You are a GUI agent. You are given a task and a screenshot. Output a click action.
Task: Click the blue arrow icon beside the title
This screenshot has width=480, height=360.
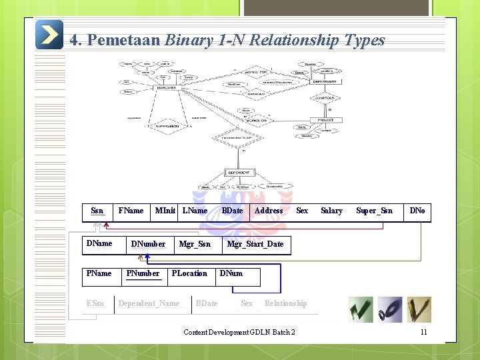point(49,35)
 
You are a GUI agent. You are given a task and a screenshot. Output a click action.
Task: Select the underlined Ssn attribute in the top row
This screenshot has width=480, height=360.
point(97,211)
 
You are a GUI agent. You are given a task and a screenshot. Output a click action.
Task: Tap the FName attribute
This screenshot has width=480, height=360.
point(131,211)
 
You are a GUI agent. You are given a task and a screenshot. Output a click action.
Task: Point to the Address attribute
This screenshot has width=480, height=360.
point(269,211)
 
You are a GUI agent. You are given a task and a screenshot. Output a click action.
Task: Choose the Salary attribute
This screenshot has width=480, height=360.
point(331,211)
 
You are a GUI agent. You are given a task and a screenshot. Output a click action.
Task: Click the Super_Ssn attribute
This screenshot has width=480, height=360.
point(374,211)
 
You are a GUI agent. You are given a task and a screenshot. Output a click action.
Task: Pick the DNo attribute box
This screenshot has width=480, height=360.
point(417,211)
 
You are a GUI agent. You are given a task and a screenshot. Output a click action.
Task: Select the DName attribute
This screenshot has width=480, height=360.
point(99,243)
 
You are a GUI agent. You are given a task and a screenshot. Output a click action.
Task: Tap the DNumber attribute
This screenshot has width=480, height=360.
point(148,244)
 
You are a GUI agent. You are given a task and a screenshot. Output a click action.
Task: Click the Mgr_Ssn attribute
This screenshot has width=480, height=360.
point(195,244)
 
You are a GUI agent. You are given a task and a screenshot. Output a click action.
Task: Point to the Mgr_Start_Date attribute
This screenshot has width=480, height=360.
point(255,244)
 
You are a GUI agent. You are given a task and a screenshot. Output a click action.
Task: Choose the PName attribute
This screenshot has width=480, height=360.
point(99,273)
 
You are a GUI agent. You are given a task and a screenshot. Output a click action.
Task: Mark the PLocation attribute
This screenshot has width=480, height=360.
point(189,273)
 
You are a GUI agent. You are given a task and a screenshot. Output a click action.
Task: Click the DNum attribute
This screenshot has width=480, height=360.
point(231,273)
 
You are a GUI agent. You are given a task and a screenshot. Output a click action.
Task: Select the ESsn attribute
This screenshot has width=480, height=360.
point(95,303)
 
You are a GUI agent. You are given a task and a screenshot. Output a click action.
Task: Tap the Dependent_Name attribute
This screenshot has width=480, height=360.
point(149,303)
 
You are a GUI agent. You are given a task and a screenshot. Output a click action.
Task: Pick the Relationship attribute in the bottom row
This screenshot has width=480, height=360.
point(285,303)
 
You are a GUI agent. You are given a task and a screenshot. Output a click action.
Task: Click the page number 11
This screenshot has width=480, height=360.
point(423,332)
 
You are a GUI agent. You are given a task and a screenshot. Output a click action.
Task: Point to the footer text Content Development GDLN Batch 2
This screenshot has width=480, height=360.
point(239,332)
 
